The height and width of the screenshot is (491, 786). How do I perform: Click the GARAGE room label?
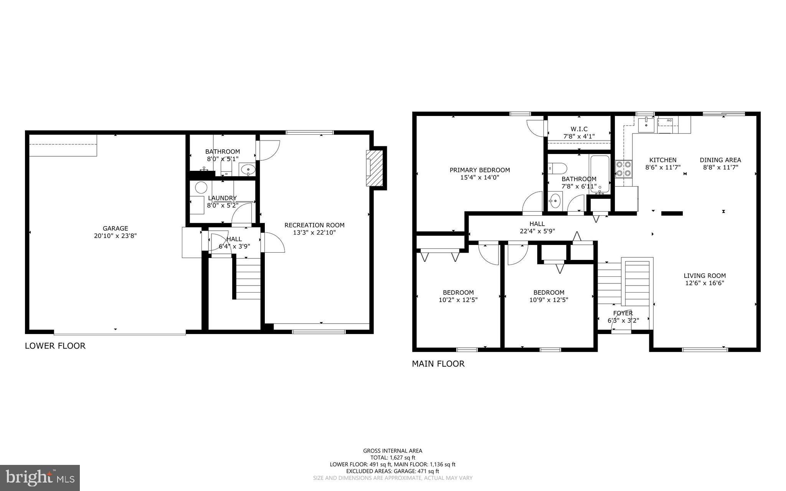pyautogui.click(x=115, y=228)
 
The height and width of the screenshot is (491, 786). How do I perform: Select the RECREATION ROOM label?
pyautogui.click(x=314, y=225)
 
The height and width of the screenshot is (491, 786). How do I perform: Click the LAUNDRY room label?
pyautogui.click(x=222, y=198)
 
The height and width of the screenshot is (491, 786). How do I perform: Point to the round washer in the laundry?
pyautogui.click(x=201, y=188)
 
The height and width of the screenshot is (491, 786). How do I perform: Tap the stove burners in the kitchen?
pyautogui.click(x=624, y=169)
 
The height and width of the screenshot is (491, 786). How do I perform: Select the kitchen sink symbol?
pyautogui.click(x=646, y=123)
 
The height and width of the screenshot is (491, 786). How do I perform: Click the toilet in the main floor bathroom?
pyautogui.click(x=557, y=168)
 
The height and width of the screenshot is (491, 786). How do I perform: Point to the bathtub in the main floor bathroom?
pyautogui.click(x=599, y=174)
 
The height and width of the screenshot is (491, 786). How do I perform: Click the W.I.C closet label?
pyautogui.click(x=579, y=129)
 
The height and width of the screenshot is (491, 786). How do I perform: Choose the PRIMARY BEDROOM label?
pyautogui.click(x=480, y=170)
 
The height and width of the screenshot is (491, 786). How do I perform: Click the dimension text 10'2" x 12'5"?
pyautogui.click(x=458, y=300)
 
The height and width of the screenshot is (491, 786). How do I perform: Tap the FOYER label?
pyautogui.click(x=623, y=313)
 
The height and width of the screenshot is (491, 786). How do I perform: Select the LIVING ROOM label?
pyautogui.click(x=705, y=275)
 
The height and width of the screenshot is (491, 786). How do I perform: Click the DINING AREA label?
pyautogui.click(x=720, y=160)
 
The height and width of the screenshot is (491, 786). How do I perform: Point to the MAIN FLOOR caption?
pyautogui.click(x=438, y=364)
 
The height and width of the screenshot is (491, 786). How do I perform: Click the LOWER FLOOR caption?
pyautogui.click(x=55, y=346)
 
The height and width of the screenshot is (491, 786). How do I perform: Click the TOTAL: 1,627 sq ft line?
pyautogui.click(x=393, y=458)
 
